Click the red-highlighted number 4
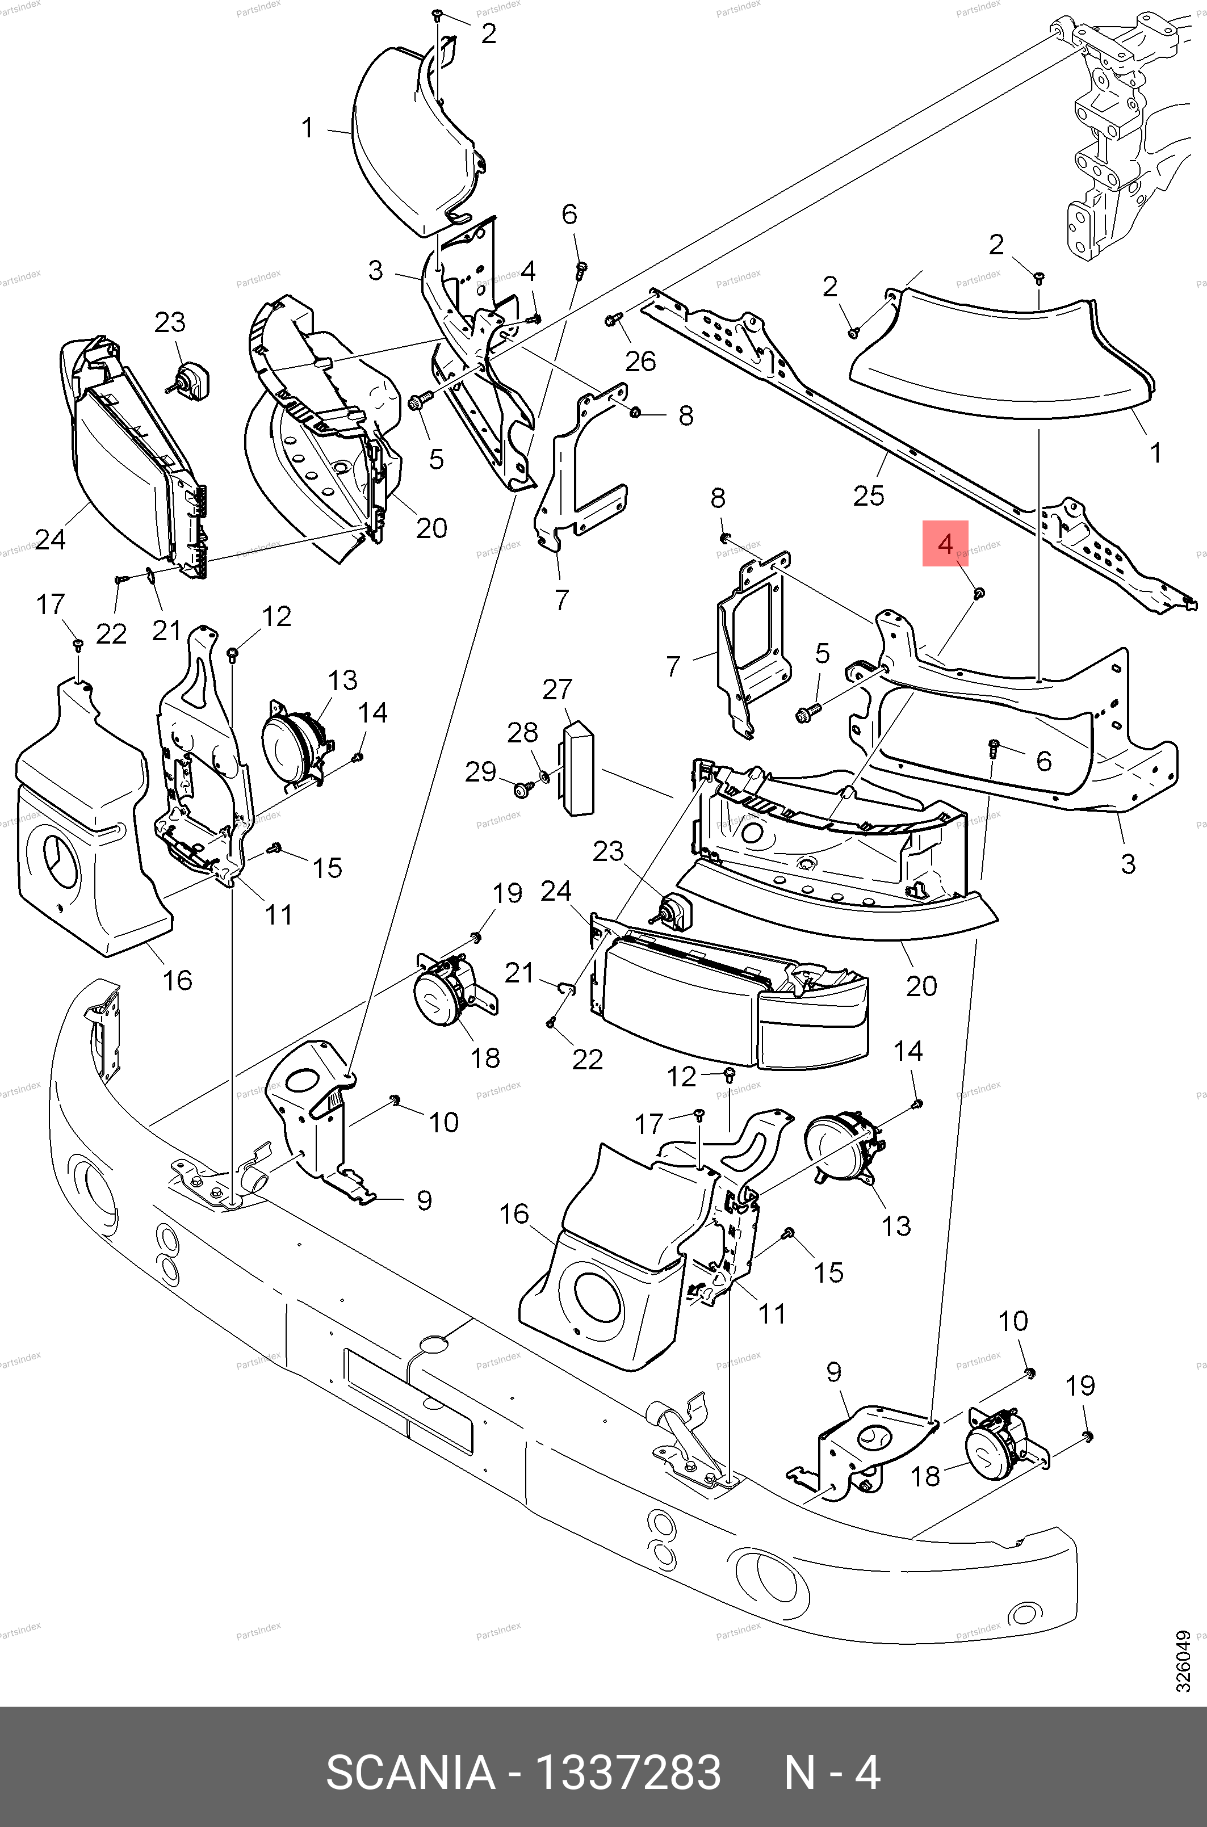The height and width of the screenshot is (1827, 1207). point(945,543)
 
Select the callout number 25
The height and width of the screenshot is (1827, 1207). point(868,495)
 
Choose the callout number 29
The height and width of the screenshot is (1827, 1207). point(481,771)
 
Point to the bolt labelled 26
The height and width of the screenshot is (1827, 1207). point(614,318)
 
